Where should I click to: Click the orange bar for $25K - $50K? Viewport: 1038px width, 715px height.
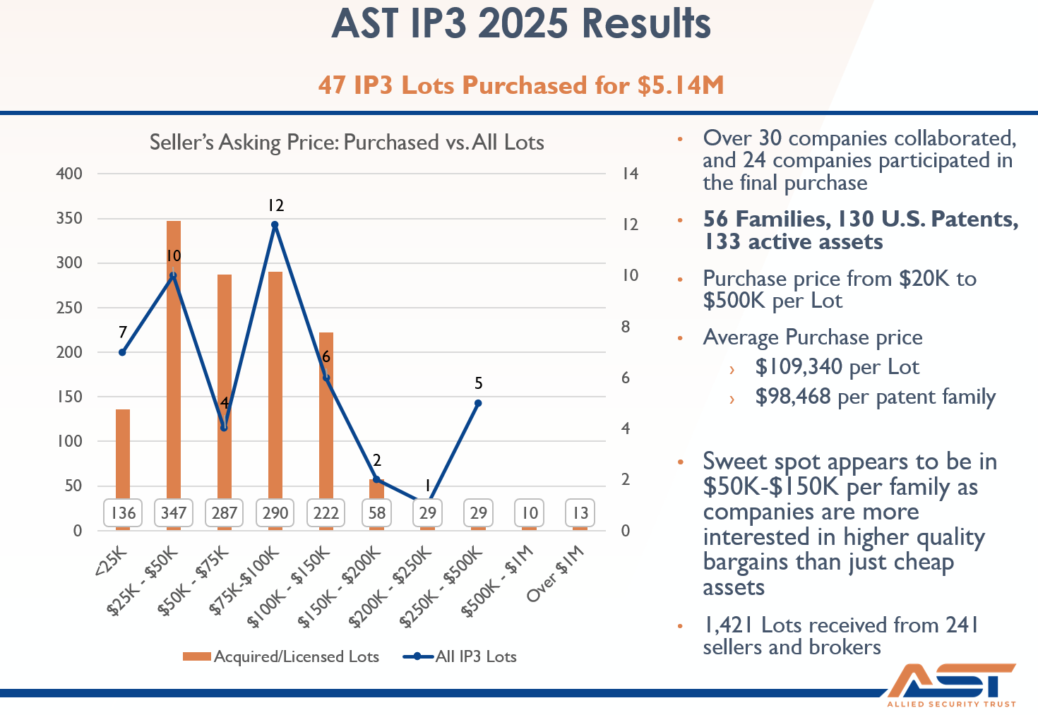[174, 353]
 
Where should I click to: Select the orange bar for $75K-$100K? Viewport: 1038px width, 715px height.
[275, 381]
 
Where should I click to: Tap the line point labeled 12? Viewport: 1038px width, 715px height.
[275, 225]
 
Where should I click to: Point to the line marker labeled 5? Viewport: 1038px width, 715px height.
[478, 403]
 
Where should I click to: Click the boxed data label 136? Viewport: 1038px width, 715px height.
[123, 513]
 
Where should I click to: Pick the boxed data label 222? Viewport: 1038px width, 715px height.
[326, 513]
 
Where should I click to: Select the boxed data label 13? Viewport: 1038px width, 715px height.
[580, 513]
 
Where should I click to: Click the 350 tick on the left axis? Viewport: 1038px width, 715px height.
[69, 218]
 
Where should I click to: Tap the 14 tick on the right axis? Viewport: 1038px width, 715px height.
[630, 174]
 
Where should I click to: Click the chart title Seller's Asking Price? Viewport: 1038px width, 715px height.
[347, 143]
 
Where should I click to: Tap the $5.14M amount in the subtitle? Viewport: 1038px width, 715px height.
[680, 85]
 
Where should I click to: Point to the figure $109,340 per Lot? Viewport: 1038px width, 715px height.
[837, 367]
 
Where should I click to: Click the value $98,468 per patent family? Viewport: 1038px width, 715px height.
[875, 397]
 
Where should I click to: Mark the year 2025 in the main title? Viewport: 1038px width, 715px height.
[523, 23]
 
